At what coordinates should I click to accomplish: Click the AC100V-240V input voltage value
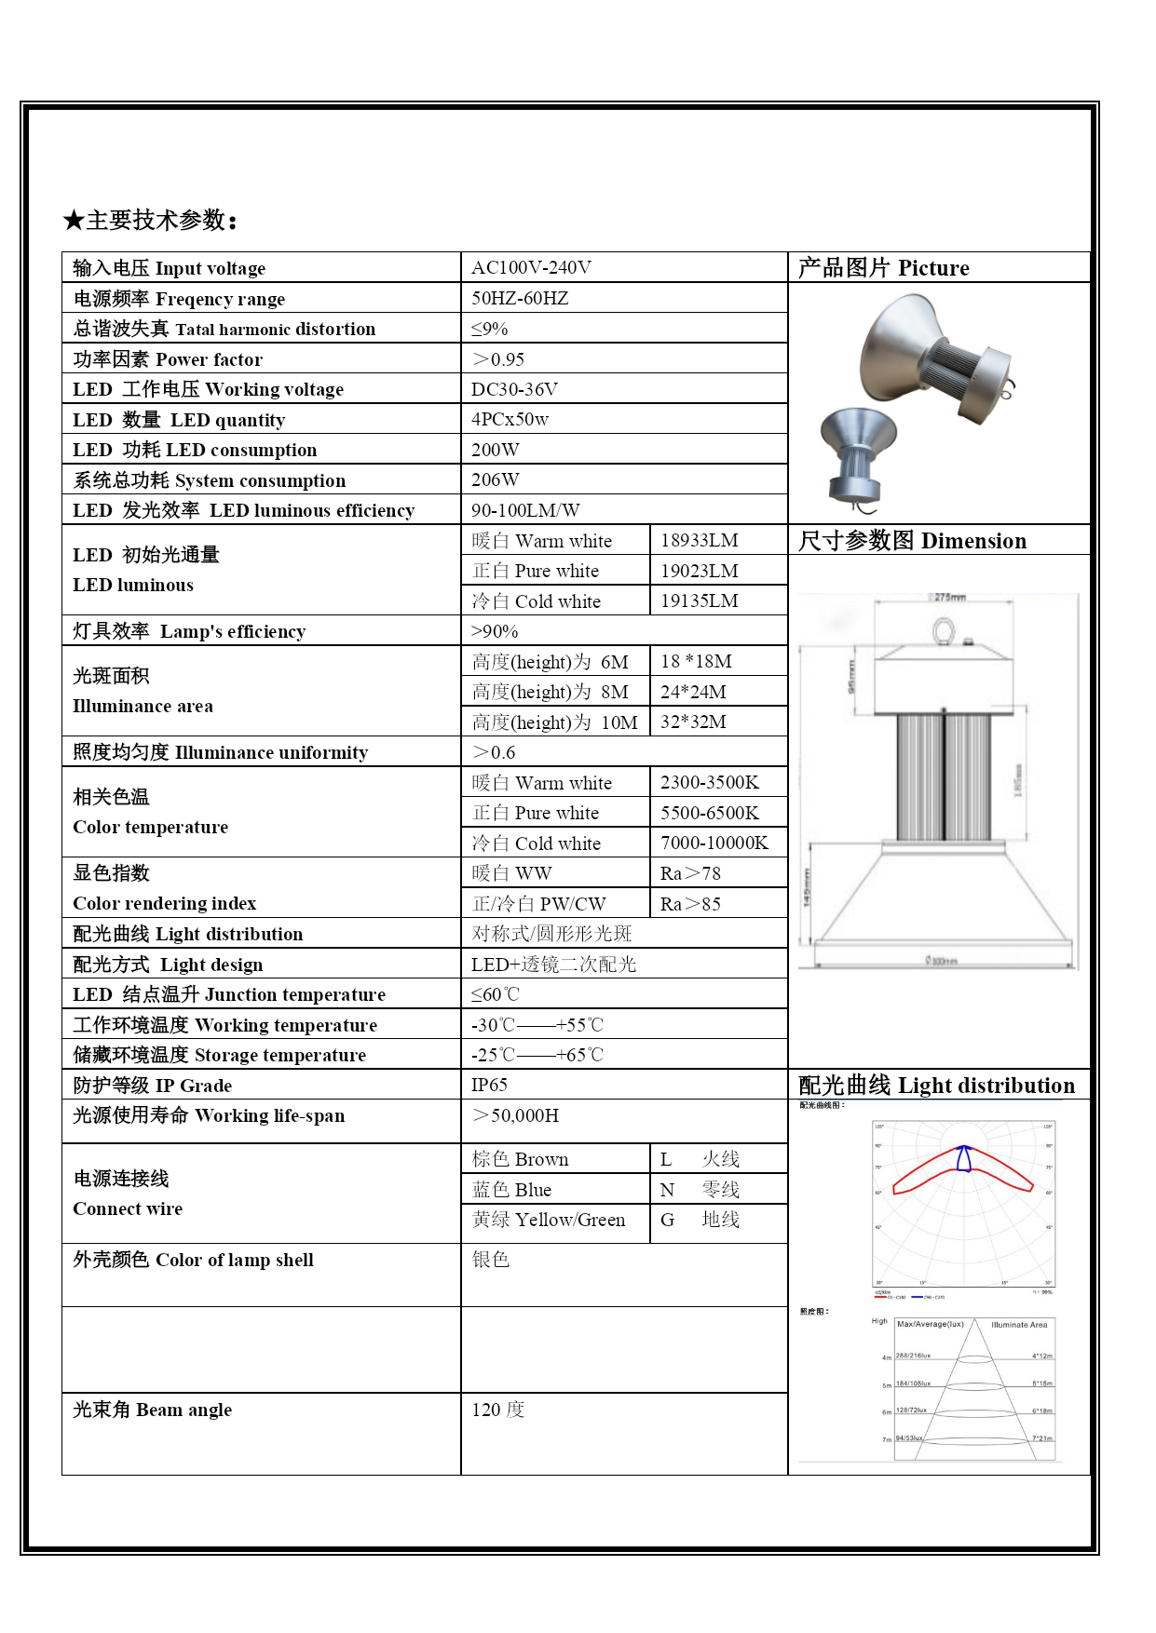(531, 268)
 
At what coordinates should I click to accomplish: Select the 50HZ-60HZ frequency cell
(520, 298)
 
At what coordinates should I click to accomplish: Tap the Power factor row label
(168, 359)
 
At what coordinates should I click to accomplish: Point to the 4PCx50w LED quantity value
(510, 419)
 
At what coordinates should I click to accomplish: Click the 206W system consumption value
(495, 479)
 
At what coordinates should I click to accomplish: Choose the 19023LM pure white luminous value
(699, 571)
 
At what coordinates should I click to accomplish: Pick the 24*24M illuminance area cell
(693, 692)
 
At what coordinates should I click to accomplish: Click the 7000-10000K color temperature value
(714, 843)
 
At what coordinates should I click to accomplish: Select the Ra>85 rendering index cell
(690, 903)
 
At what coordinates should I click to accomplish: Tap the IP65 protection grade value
(489, 1085)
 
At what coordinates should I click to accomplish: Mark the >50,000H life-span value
(515, 1115)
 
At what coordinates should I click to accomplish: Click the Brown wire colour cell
(520, 1159)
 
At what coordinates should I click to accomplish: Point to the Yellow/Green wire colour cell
(548, 1220)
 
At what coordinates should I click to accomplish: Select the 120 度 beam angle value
(497, 1410)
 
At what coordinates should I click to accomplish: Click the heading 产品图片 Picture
(883, 268)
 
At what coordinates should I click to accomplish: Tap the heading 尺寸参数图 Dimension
(912, 541)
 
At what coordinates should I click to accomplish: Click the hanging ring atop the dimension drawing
(943, 631)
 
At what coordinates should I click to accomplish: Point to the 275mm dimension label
(949, 597)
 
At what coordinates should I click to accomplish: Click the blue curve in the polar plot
(964, 1158)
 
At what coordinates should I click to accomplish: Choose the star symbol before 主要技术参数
(74, 221)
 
